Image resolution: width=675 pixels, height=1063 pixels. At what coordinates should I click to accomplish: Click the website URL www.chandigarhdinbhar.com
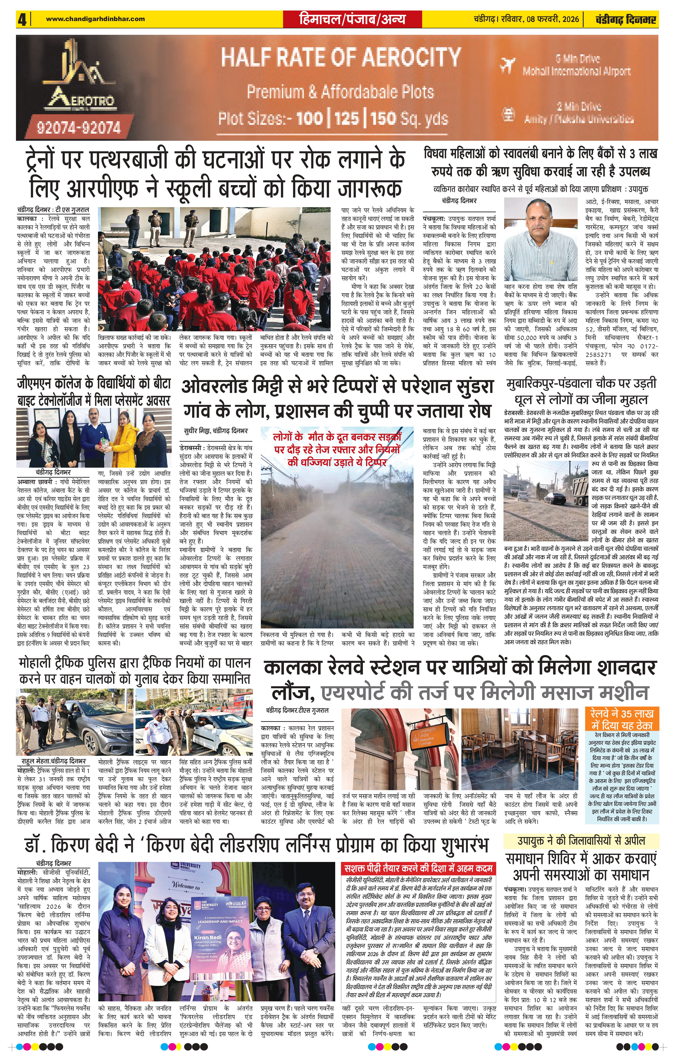[95, 19]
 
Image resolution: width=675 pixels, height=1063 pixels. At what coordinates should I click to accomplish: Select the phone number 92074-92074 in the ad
[79, 128]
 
